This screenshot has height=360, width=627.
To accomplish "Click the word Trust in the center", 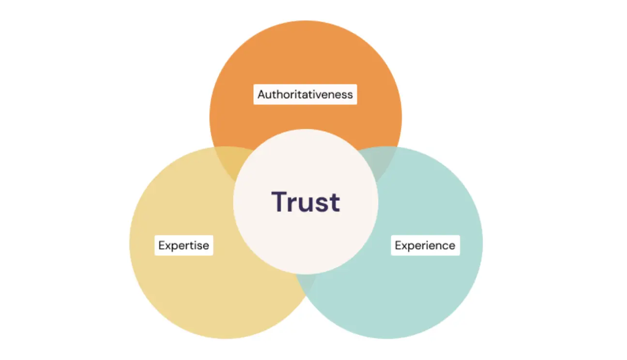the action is point(306,202).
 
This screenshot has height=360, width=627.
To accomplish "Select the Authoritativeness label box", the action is point(305,94).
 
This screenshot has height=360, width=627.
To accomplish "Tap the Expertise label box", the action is point(184,245).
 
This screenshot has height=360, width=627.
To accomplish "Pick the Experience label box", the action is point(425,245).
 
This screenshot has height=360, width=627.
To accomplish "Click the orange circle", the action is point(306,70).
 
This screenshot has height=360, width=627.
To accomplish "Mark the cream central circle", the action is point(306,240).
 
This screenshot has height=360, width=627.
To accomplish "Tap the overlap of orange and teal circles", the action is point(378,162).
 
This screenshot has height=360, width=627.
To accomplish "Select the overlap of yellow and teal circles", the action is point(306,283).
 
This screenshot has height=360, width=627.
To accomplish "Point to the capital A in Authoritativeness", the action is point(262,94).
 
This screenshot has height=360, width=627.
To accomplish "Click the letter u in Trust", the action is point(305,205).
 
